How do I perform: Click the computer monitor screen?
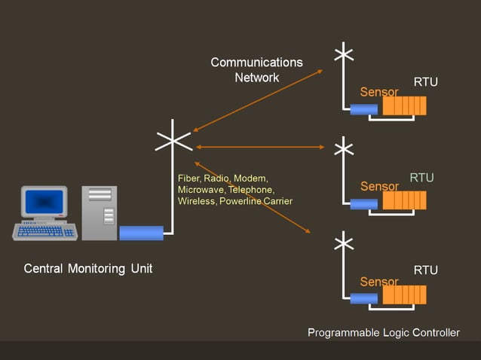pyautogui.click(x=44, y=202)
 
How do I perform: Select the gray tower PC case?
pyautogui.click(x=100, y=213)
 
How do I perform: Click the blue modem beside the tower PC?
pyautogui.click(x=141, y=233)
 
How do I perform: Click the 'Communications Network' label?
pyautogui.click(x=256, y=69)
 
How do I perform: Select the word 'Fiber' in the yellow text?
pyautogui.click(x=188, y=178)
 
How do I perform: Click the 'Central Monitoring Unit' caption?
pyautogui.click(x=88, y=268)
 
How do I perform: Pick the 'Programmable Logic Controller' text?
pyautogui.click(x=383, y=332)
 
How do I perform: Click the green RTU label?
pyautogui.click(x=421, y=178)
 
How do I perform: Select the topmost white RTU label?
pyautogui.click(x=425, y=82)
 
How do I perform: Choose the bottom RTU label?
pyautogui.click(x=425, y=270)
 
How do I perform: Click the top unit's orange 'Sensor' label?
pyautogui.click(x=379, y=92)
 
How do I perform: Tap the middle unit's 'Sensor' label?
pyautogui.click(x=379, y=186)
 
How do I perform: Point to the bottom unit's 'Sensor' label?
pyautogui.click(x=379, y=282)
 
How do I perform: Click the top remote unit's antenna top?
pyautogui.click(x=344, y=53)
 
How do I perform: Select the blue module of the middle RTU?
pyautogui.click(x=363, y=203)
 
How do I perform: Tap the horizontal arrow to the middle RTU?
pyautogui.click(x=261, y=147)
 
